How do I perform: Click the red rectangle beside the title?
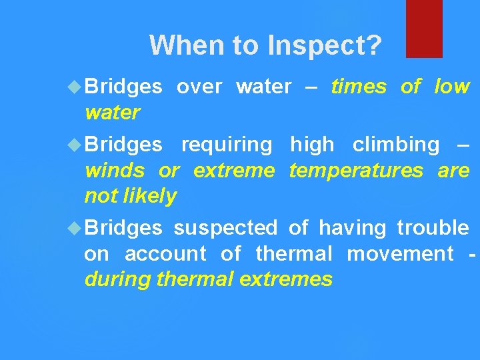(x=424, y=28)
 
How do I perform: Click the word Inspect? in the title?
(x=325, y=45)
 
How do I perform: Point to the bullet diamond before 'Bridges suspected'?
(x=75, y=228)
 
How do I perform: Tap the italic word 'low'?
(x=451, y=87)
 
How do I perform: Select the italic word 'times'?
(x=359, y=87)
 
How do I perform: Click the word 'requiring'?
(x=227, y=145)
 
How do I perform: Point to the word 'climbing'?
(x=396, y=145)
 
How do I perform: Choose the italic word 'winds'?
(x=114, y=171)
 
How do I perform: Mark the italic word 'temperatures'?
(x=356, y=171)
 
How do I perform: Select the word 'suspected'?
(x=225, y=228)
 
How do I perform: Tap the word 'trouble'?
(x=433, y=228)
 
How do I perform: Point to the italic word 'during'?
(x=117, y=279)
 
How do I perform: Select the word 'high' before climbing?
(x=312, y=145)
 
